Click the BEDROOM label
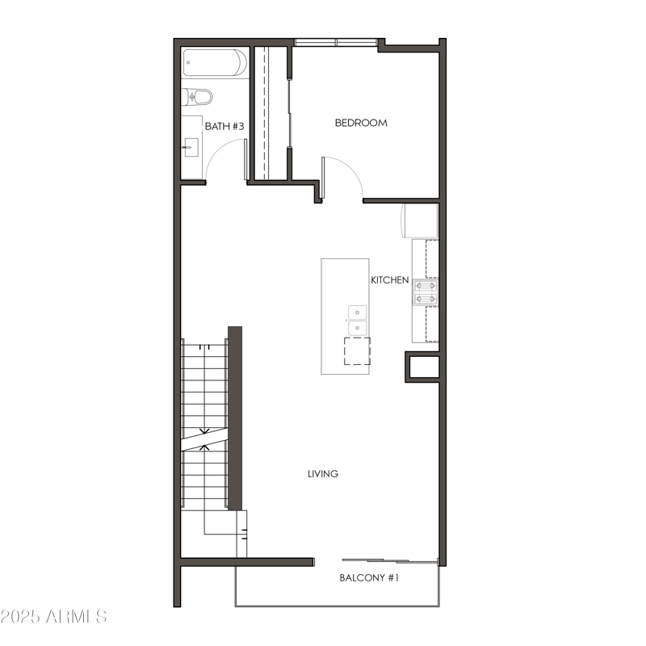click(361, 123)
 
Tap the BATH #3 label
click(224, 126)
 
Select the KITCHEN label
click(389, 280)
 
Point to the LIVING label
click(322, 474)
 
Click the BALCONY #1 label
click(369, 578)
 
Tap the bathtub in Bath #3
click(215, 62)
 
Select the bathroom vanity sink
click(191, 145)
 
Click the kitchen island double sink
click(357, 320)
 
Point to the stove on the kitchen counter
click(426, 292)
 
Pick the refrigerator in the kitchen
click(420, 220)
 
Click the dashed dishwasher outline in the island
click(357, 350)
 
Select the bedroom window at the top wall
click(334, 42)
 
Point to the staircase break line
click(204, 439)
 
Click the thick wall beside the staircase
click(235, 417)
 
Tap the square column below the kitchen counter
click(422, 367)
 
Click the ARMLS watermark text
click(53, 617)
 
